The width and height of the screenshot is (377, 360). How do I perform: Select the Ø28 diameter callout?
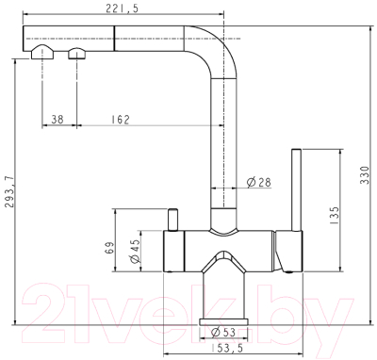click(x=260, y=180)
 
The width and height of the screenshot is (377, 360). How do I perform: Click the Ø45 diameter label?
click(x=134, y=250)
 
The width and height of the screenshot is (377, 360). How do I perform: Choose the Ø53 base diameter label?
click(x=222, y=331)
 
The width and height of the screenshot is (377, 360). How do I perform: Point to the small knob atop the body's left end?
click(x=172, y=220)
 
